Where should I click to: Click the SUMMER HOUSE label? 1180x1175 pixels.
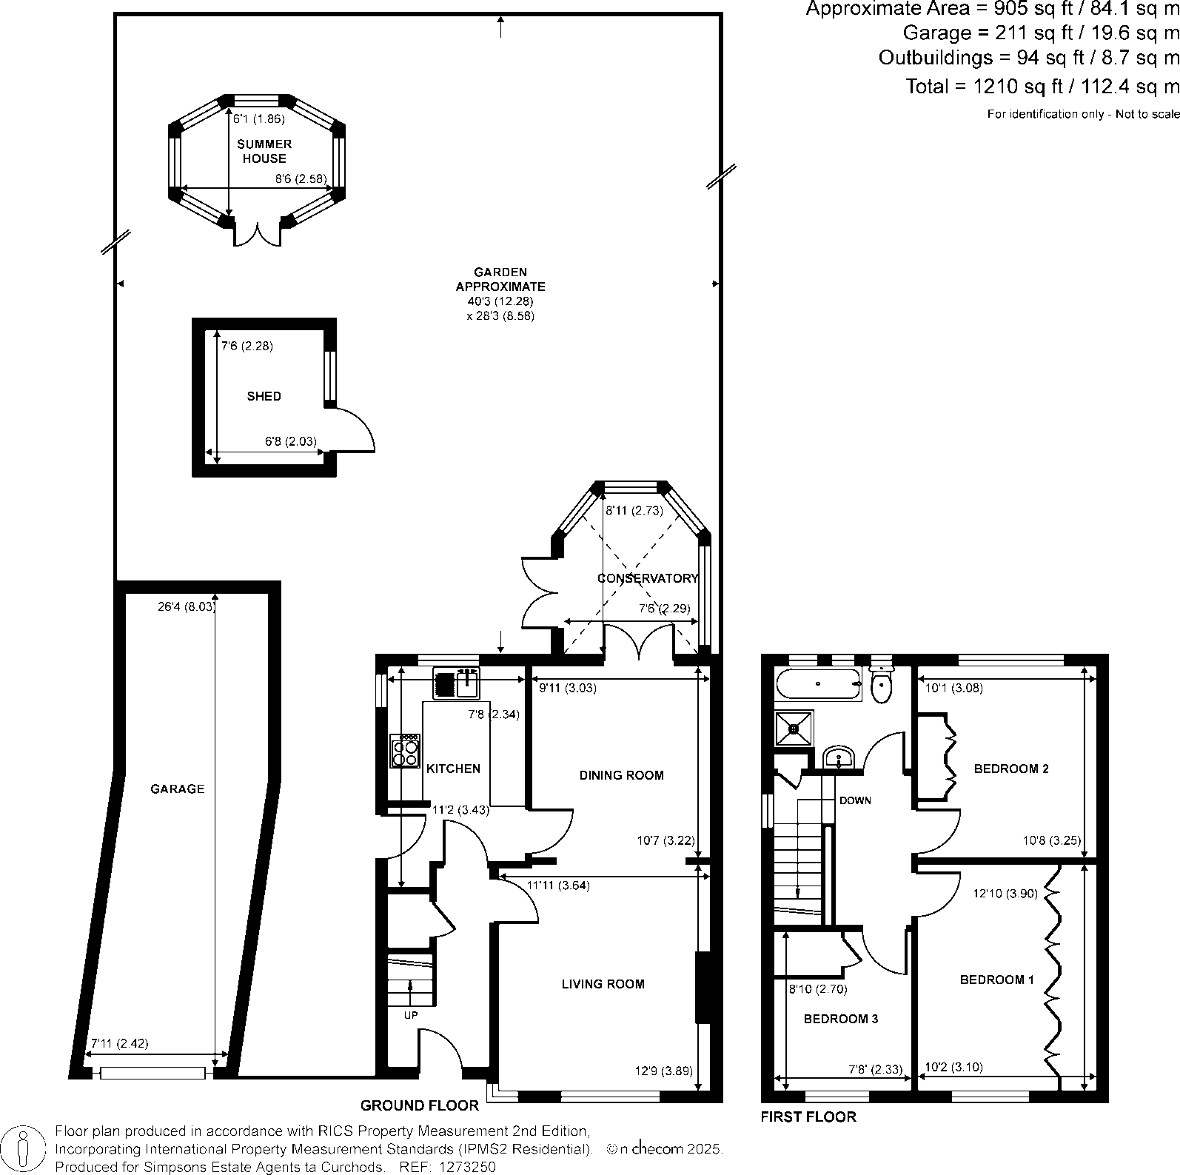264,151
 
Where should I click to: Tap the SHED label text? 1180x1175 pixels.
264,396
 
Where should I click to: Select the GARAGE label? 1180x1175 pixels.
177,789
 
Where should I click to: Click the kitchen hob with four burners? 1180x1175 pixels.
406,751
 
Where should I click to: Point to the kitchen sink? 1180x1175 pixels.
468,683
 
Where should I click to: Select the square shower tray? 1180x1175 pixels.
794,729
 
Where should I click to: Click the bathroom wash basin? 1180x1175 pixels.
838,757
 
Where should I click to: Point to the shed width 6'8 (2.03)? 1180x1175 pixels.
290,441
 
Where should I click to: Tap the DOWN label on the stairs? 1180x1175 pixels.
855,800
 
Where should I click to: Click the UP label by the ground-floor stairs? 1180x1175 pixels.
410,1015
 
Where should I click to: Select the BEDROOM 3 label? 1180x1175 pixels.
841,1019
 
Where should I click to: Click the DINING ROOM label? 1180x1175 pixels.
621,775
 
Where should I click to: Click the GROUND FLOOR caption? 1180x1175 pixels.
419,1105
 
